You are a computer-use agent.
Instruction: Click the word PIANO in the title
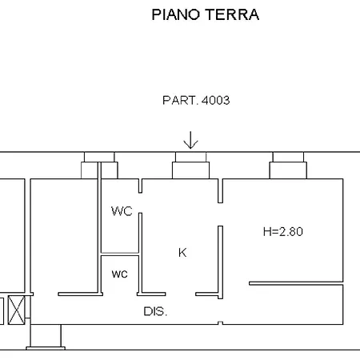[x=176, y=14]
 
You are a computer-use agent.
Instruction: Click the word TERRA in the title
[x=233, y=14]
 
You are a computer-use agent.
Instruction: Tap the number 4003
[x=215, y=101]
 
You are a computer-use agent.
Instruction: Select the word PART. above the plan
[x=181, y=101]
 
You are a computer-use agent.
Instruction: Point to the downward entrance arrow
[x=190, y=140]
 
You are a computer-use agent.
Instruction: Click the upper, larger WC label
[x=122, y=211]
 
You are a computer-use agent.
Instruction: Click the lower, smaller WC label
[x=120, y=274]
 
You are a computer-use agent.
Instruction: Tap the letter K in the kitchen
[x=182, y=253]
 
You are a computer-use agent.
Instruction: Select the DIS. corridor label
[x=155, y=311]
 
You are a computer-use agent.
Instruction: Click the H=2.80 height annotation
[x=283, y=231]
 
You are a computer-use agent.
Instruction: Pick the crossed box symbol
[x=17, y=310]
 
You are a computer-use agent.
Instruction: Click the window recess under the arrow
[x=190, y=166]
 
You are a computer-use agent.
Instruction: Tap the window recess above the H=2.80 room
[x=288, y=166]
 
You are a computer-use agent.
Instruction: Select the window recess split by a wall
[x=99, y=166]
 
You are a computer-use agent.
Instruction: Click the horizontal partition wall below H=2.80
[x=296, y=283]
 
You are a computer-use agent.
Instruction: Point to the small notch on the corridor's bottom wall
[x=220, y=323]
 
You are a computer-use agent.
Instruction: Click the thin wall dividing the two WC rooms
[x=120, y=254]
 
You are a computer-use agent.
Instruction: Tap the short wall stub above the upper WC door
[x=140, y=186]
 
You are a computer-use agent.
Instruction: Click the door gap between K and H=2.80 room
[x=220, y=214]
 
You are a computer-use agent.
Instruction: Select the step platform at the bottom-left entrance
[x=46, y=348]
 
